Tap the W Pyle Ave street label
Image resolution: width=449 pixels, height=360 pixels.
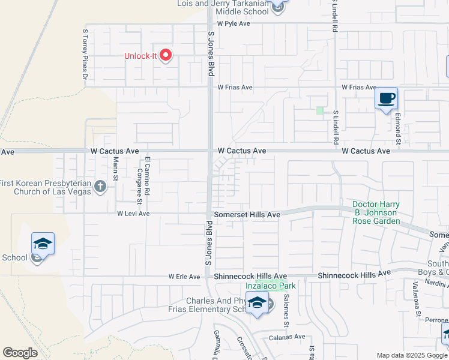234,23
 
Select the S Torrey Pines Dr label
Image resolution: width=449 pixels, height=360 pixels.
85,55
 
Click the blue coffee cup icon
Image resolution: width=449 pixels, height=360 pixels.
386,98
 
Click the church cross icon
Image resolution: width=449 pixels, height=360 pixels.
100,187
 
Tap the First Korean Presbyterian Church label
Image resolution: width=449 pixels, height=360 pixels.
45,187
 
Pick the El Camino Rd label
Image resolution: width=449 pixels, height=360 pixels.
147,170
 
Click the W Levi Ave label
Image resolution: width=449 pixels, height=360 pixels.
133,214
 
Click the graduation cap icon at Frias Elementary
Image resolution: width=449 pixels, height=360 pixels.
257,304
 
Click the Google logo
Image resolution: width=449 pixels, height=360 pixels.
20,353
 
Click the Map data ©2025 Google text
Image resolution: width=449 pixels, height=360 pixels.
412,355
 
